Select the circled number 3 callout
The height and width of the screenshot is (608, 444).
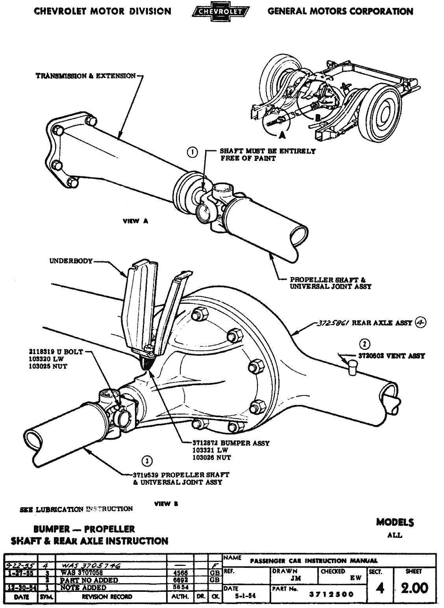147,460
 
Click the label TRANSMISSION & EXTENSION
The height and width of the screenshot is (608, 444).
86,76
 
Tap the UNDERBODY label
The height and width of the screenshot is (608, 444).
71,261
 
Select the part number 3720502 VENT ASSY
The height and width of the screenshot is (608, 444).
391,356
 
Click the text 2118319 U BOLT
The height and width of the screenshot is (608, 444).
55,352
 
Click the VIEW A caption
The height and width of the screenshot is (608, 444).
135,221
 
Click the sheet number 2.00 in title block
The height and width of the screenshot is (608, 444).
414,588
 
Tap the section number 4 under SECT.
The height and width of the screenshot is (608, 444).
380,589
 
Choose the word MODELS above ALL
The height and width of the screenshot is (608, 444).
395,522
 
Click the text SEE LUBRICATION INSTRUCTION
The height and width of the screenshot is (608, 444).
76,509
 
